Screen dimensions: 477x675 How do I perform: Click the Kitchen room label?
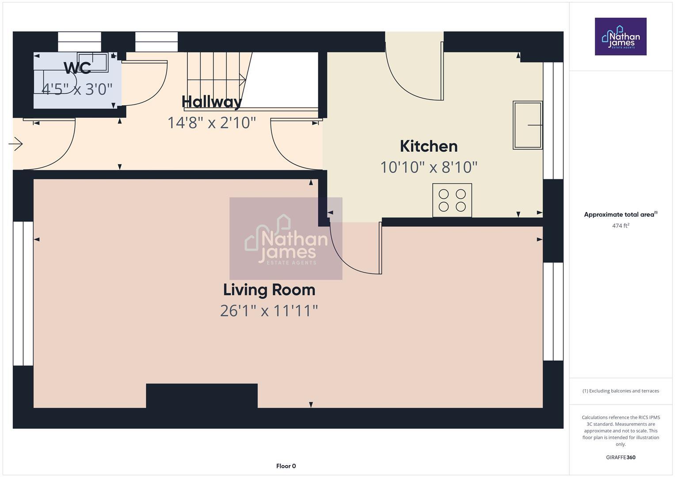pyautogui.click(x=428, y=146)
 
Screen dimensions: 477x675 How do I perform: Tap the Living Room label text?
pyautogui.click(x=269, y=290)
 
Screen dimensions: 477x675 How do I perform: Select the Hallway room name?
pyautogui.click(x=212, y=102)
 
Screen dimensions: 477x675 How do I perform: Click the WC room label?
pyautogui.click(x=77, y=68)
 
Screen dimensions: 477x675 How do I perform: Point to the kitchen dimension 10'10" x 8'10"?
pyautogui.click(x=428, y=167)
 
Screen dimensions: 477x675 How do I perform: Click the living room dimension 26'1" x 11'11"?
pyautogui.click(x=269, y=311)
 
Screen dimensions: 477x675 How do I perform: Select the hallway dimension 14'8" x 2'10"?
pyautogui.click(x=211, y=123)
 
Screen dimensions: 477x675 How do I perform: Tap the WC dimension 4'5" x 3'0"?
pyautogui.click(x=77, y=89)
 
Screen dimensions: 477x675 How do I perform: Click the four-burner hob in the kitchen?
pyautogui.click(x=452, y=200)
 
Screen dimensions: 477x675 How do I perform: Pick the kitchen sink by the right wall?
pyautogui.click(x=527, y=125)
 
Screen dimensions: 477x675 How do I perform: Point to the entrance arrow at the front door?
pyautogui.click(x=16, y=144)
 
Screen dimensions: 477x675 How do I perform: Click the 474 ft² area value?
pyautogui.click(x=620, y=226)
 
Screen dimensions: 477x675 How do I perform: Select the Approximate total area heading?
pyautogui.click(x=620, y=215)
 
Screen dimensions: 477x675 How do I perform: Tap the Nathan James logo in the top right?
pyautogui.click(x=620, y=36)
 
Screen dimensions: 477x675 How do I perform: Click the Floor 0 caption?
pyautogui.click(x=286, y=466)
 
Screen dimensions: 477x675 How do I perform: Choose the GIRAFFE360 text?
pyautogui.click(x=620, y=457)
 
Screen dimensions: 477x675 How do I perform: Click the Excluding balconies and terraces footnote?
pyautogui.click(x=620, y=391)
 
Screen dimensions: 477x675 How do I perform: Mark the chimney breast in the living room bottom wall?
pyautogui.click(x=202, y=395)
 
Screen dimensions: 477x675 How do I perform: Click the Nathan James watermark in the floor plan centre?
pyautogui.click(x=286, y=238)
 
